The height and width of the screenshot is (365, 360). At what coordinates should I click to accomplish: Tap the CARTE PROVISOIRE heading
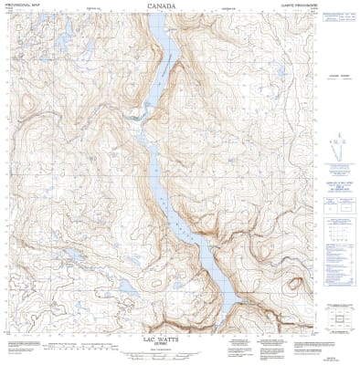301,5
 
